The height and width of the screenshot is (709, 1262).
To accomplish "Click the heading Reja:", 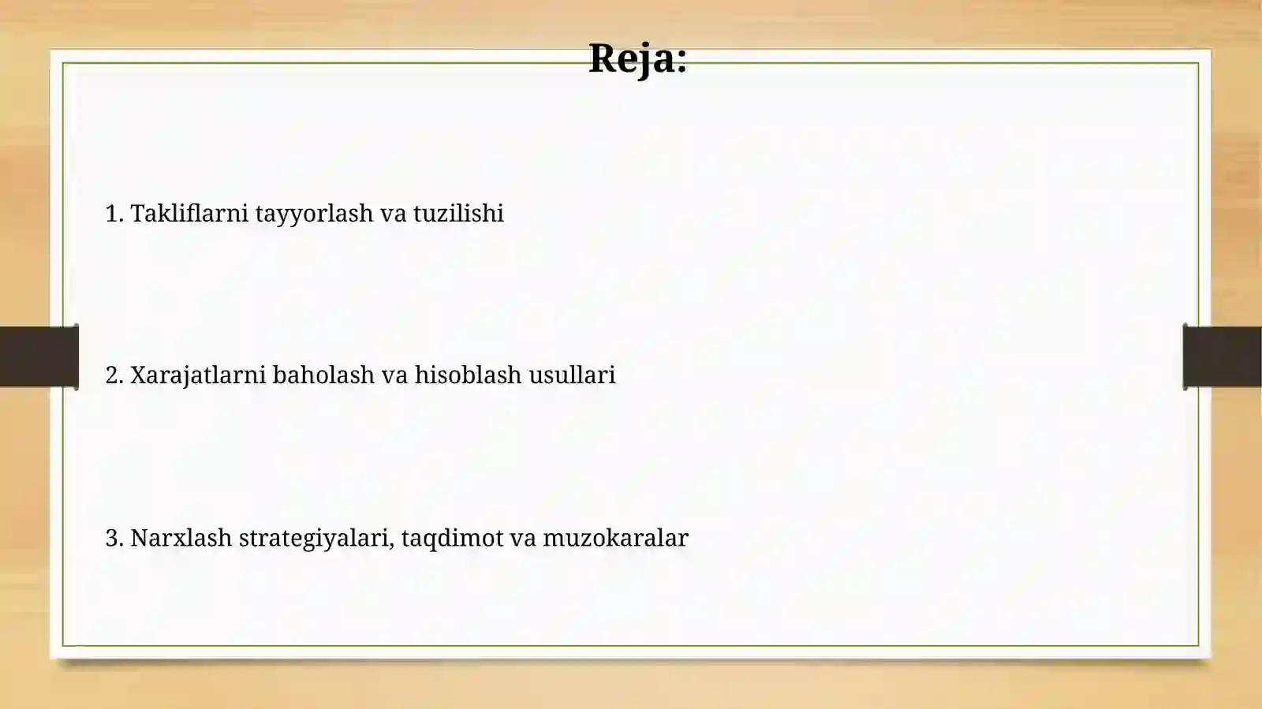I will [x=637, y=58].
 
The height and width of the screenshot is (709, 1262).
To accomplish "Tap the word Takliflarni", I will [x=189, y=213].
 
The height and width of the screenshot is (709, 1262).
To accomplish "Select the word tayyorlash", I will [x=314, y=214].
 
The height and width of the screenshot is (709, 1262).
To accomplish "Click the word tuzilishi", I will [x=458, y=213].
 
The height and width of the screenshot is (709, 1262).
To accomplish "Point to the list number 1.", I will [x=114, y=214].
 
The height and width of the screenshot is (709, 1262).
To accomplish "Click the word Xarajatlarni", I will [x=198, y=375].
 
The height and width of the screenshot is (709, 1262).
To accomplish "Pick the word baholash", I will [x=323, y=375].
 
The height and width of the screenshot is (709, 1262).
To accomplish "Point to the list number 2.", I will [x=114, y=375].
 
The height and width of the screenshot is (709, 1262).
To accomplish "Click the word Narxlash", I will [x=181, y=538].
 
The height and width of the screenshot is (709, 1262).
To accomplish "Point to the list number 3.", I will [x=114, y=539].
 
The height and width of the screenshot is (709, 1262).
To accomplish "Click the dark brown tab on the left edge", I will [x=39, y=356].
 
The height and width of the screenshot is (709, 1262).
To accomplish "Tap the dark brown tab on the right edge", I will [x=1223, y=356].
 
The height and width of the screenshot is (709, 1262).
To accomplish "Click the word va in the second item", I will [x=394, y=375].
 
